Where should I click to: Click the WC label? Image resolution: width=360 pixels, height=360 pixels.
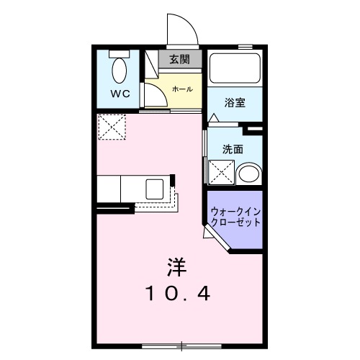tap(119, 94)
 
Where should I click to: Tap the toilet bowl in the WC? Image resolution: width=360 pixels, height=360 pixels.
tap(119, 71)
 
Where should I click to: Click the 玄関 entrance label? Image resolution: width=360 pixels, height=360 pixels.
tap(180, 60)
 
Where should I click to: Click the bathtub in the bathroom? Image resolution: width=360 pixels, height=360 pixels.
tap(235, 70)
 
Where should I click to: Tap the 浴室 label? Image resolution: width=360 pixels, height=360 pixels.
tap(235, 102)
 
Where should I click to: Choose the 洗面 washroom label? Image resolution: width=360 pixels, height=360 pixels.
tap(232, 149)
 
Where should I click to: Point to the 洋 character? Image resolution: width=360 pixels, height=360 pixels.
tap(178, 267)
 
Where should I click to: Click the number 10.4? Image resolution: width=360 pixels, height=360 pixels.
tap(178, 294)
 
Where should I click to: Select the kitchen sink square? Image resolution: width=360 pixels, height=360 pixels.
tap(156, 189)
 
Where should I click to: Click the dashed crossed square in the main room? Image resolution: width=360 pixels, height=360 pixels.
tap(113, 127)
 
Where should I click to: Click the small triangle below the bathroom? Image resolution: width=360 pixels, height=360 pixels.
tap(214, 117)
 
